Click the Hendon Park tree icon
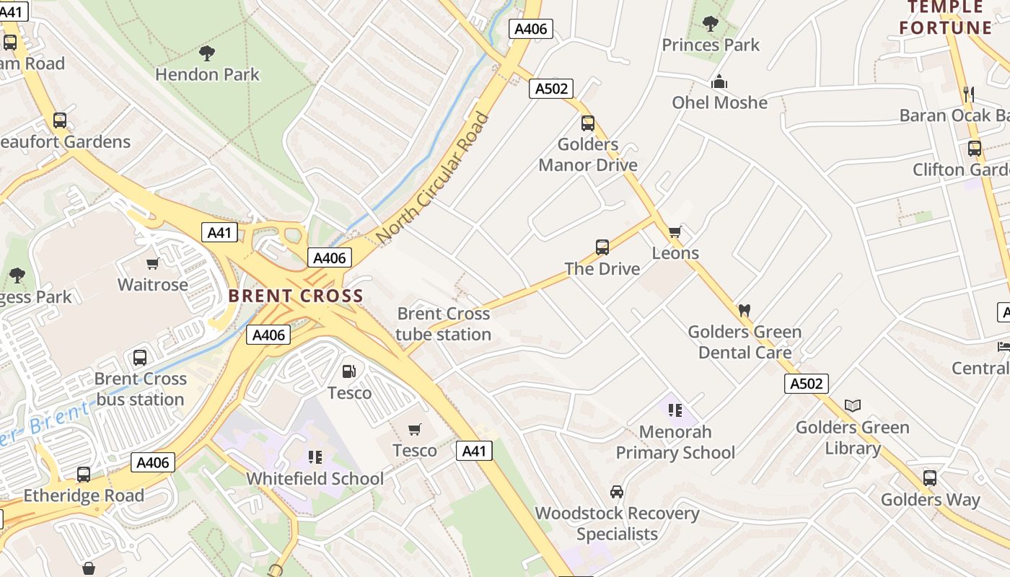click(207, 53)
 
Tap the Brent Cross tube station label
click(443, 324)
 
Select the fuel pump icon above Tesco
click(348, 372)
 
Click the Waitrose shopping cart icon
click(153, 263)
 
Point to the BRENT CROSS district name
click(296, 296)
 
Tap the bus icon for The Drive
click(602, 247)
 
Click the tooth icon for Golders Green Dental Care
click(745, 311)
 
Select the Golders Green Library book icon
click(853, 406)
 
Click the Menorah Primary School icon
click(675, 410)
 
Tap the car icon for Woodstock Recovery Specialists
click(617, 492)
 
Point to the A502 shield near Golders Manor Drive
click(551, 89)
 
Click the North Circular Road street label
click(433, 177)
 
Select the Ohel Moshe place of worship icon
click(719, 82)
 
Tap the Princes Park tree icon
click(711, 24)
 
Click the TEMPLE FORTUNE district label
click(946, 18)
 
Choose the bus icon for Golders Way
click(930, 478)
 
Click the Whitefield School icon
click(315, 457)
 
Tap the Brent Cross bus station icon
click(140, 358)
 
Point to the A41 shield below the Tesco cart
click(474, 452)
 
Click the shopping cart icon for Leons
click(675, 232)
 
